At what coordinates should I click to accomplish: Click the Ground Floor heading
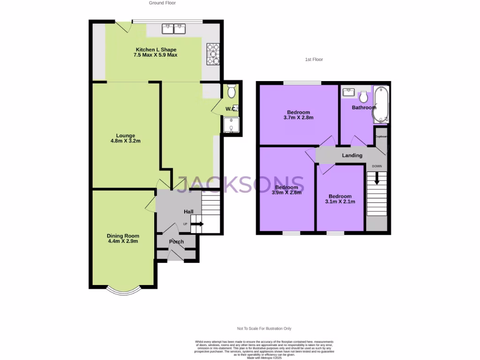pyautogui.click(x=162, y=3)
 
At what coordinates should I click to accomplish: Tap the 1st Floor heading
pyautogui.click(x=314, y=60)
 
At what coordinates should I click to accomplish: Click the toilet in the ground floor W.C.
pyautogui.click(x=231, y=91)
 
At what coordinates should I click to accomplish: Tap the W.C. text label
pyautogui.click(x=231, y=109)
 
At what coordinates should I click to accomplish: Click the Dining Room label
pyautogui.click(x=123, y=239)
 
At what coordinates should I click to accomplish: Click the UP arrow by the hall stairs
pyautogui.click(x=197, y=224)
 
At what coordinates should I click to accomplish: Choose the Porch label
pyautogui.click(x=176, y=242)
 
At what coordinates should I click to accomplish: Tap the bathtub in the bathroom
pyautogui.click(x=381, y=104)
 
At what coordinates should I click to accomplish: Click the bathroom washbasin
pyautogui.click(x=348, y=92)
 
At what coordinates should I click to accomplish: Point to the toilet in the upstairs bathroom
pyautogui.click(x=363, y=97)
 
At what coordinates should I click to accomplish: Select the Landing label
pyautogui.click(x=352, y=155)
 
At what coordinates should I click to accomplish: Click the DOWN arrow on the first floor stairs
pyautogui.click(x=376, y=180)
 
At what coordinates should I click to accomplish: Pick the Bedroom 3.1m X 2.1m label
pyautogui.click(x=340, y=199)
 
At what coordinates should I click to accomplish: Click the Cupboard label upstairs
pyautogui.click(x=381, y=136)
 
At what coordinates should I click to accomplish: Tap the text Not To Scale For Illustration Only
pyautogui.click(x=264, y=329)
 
